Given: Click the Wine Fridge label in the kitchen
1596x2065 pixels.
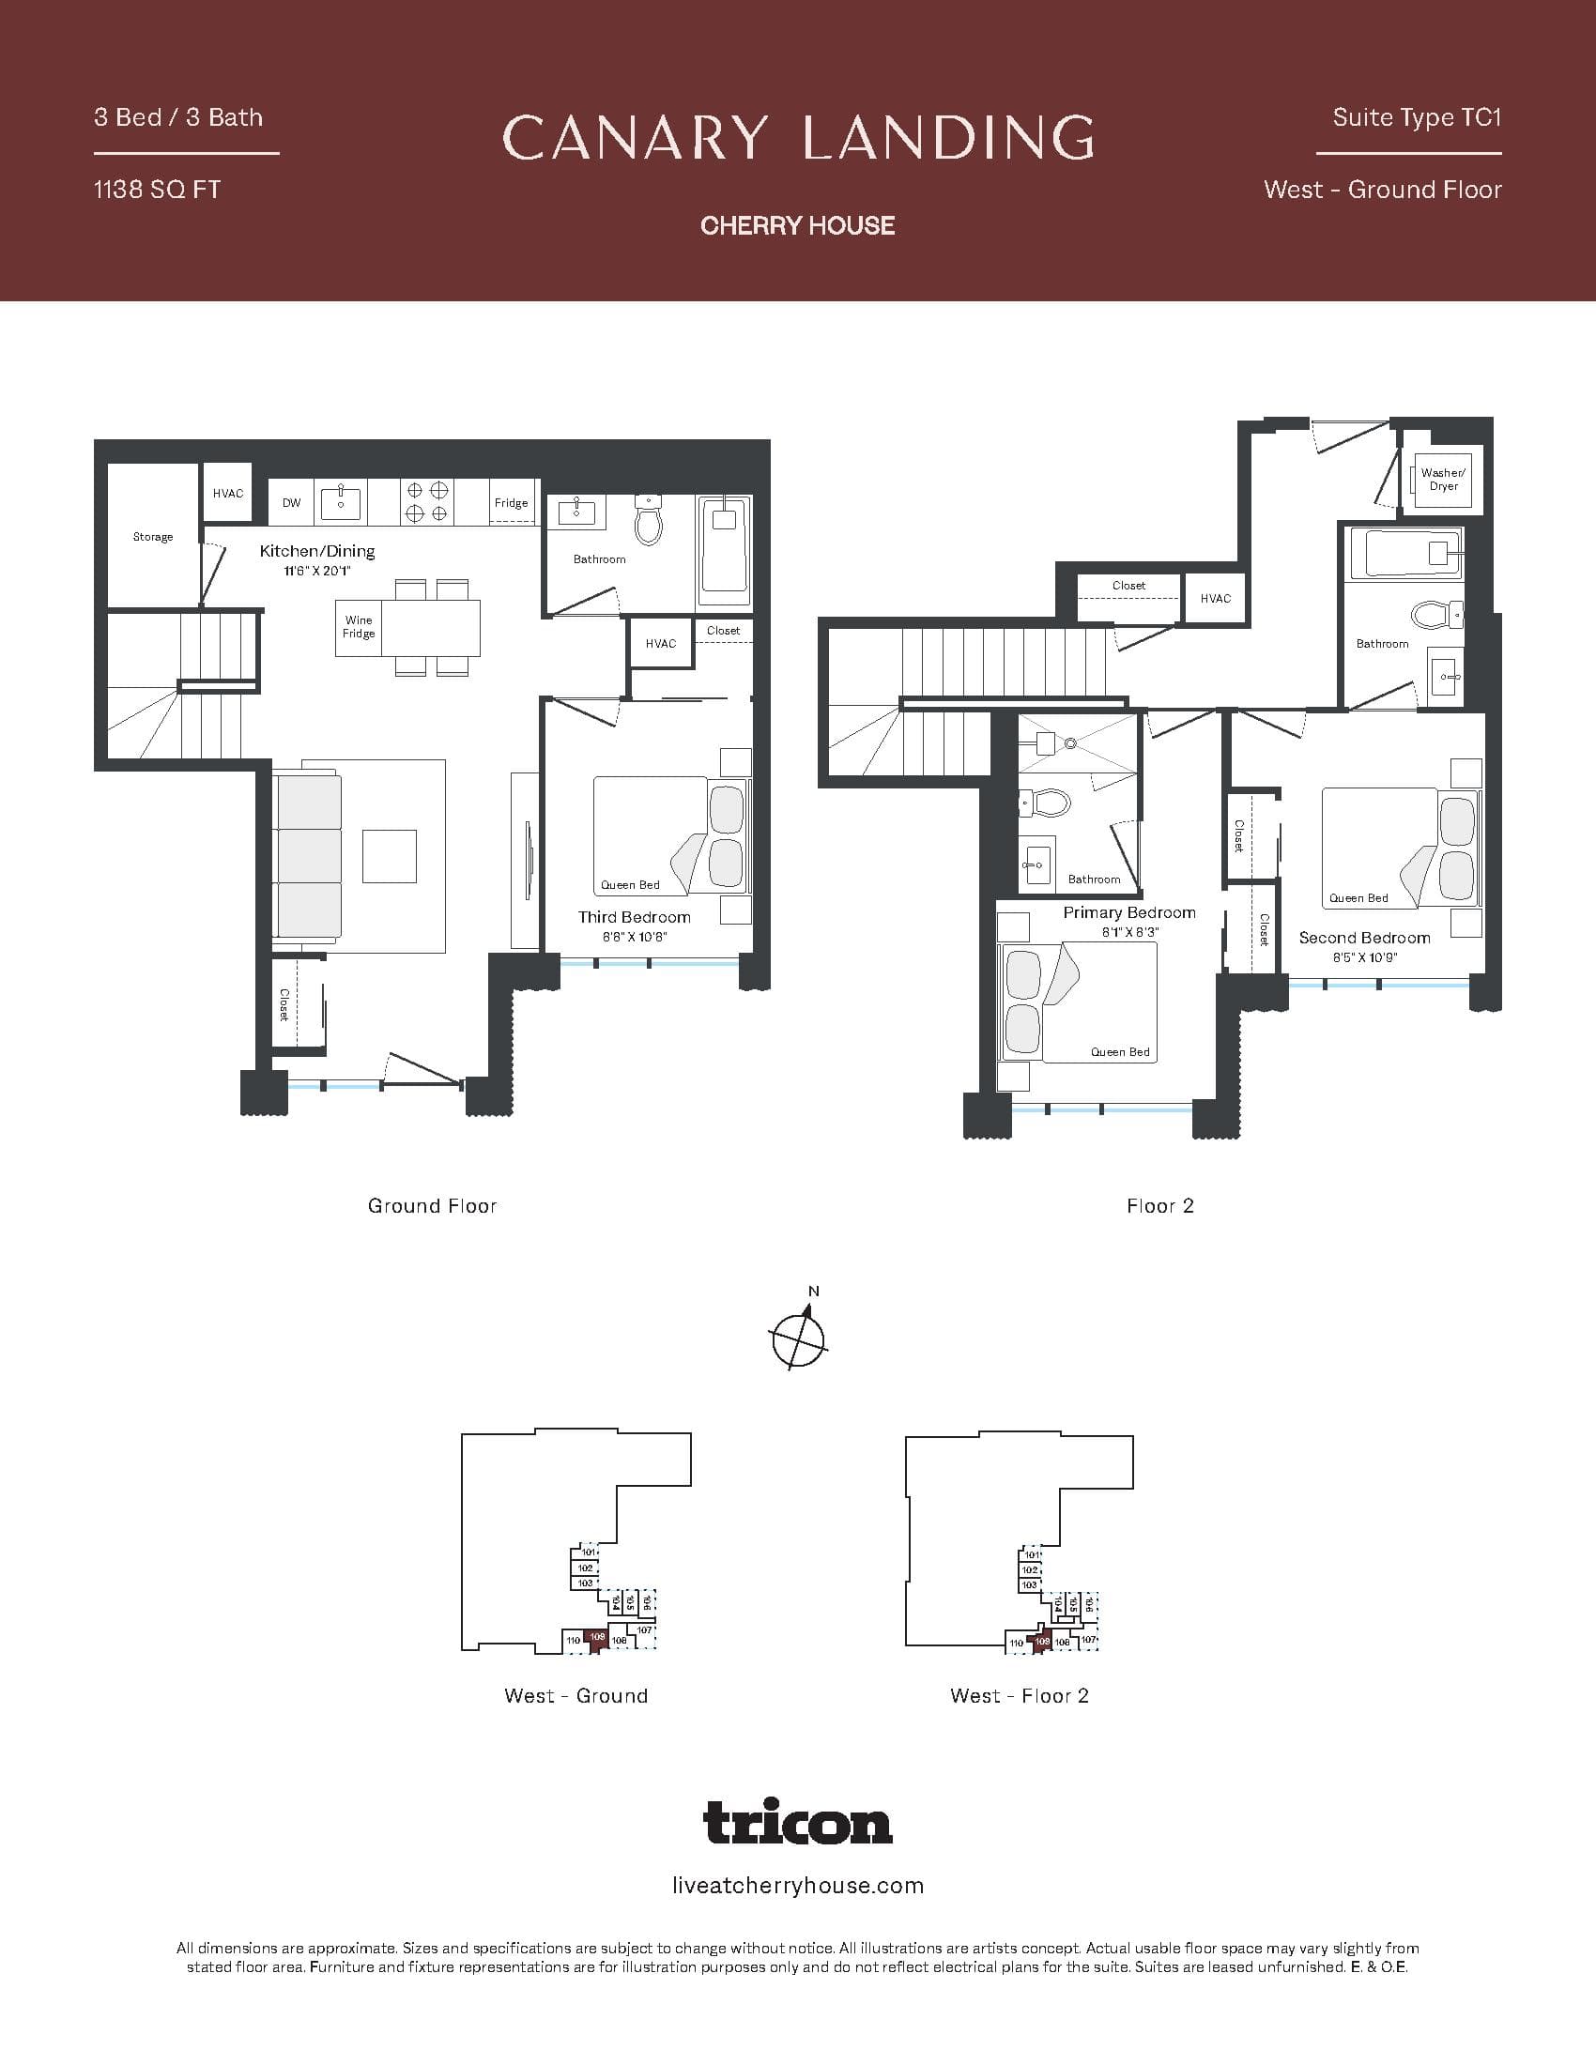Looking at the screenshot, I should [x=359, y=627].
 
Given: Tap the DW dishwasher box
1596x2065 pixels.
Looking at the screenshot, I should [x=291, y=503].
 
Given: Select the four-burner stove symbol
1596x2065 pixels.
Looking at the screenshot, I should [x=426, y=502].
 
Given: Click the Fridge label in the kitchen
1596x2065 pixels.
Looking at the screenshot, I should [x=511, y=503].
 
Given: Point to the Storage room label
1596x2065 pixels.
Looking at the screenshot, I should [x=153, y=537].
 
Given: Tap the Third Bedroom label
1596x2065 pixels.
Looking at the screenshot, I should [x=635, y=917].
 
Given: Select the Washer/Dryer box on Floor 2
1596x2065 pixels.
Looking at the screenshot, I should [x=1443, y=481].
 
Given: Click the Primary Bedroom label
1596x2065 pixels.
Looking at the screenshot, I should [x=1128, y=912].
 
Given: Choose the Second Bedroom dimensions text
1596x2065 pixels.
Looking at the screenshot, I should [x=1364, y=957].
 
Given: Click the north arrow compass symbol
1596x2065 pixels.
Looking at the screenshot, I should [x=799, y=1337].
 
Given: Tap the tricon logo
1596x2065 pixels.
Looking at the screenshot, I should [x=798, y=1821].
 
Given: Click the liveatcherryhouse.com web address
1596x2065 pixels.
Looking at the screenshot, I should [x=798, y=1886].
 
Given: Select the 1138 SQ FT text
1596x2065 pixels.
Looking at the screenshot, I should [x=157, y=190].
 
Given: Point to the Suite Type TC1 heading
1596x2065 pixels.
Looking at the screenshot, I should [x=1417, y=117].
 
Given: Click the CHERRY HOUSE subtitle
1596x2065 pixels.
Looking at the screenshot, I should [x=798, y=225].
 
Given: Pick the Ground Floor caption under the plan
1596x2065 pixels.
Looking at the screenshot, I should [x=432, y=1205].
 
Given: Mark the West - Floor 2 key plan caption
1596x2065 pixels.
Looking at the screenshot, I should [x=1020, y=1696].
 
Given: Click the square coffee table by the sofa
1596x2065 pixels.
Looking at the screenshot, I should [x=390, y=856].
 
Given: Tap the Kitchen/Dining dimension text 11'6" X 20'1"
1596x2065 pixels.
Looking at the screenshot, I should [x=317, y=571].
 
